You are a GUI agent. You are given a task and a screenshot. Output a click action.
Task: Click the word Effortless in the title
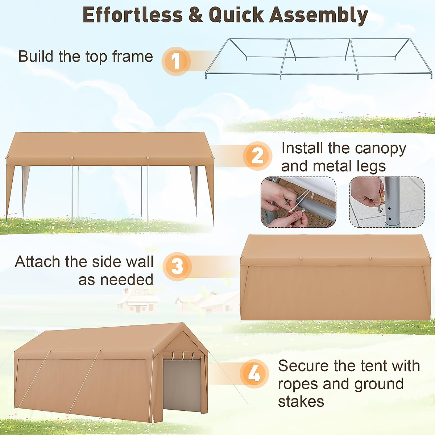(x=133, y=15)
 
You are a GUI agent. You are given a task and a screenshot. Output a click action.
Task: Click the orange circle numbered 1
(x=176, y=61)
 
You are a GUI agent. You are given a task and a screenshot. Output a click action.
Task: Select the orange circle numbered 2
(x=257, y=156)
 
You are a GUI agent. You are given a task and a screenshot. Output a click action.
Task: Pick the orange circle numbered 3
(x=177, y=266)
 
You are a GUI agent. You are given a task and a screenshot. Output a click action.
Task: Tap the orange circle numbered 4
(x=254, y=373)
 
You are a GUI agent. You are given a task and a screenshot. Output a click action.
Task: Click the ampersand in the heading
(x=196, y=15)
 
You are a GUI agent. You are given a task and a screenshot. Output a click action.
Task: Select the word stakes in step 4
(x=301, y=402)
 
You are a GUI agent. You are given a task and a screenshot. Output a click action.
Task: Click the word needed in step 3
(x=126, y=280)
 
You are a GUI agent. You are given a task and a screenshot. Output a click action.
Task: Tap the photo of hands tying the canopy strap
(x=298, y=202)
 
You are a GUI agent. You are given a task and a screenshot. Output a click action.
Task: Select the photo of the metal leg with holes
(x=386, y=202)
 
